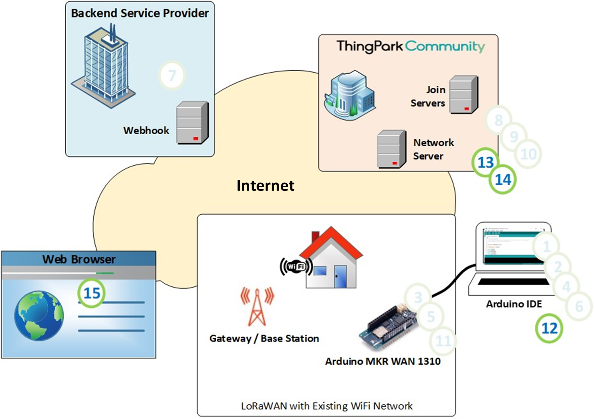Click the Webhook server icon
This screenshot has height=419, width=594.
point(192,123)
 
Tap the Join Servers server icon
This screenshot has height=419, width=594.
point(463,95)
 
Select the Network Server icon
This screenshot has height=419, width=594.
point(392,149)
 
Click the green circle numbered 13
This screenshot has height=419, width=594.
point(485,162)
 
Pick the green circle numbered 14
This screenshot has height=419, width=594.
point(503,180)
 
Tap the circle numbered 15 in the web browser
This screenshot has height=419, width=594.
point(92,293)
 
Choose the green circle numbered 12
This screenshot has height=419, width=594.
point(549,328)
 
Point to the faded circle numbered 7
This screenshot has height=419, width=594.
point(172,75)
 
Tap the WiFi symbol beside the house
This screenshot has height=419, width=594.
point(296,267)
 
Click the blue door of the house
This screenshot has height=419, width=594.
point(339,277)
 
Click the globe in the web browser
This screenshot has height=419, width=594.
point(39,315)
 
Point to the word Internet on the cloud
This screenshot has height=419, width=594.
point(265,186)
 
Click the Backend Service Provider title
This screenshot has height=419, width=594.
point(140,13)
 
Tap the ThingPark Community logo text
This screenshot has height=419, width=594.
point(410,46)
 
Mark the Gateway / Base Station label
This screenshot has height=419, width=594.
point(264,338)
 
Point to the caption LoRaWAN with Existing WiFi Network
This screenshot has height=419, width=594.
point(326,406)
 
